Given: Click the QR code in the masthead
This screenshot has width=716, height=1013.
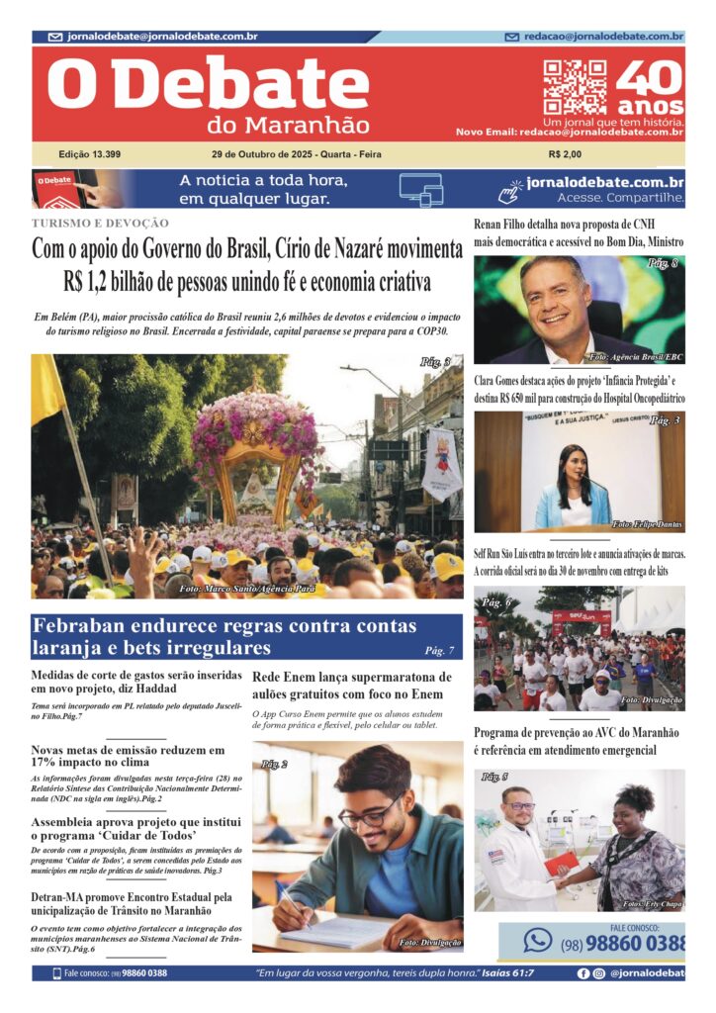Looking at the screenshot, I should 575,87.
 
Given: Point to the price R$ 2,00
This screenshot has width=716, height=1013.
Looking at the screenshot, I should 565,155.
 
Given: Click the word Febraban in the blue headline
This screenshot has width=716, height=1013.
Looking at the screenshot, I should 82,626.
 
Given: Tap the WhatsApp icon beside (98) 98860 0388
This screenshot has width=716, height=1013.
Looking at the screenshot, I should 538,940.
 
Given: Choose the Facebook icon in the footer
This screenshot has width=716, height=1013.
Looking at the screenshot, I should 583,973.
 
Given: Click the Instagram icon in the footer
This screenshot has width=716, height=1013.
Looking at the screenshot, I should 599,973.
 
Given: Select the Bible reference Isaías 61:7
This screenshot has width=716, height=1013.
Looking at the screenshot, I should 501,973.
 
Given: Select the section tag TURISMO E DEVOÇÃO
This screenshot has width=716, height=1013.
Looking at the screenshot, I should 100,224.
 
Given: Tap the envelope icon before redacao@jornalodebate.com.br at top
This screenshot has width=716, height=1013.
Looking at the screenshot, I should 511,37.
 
